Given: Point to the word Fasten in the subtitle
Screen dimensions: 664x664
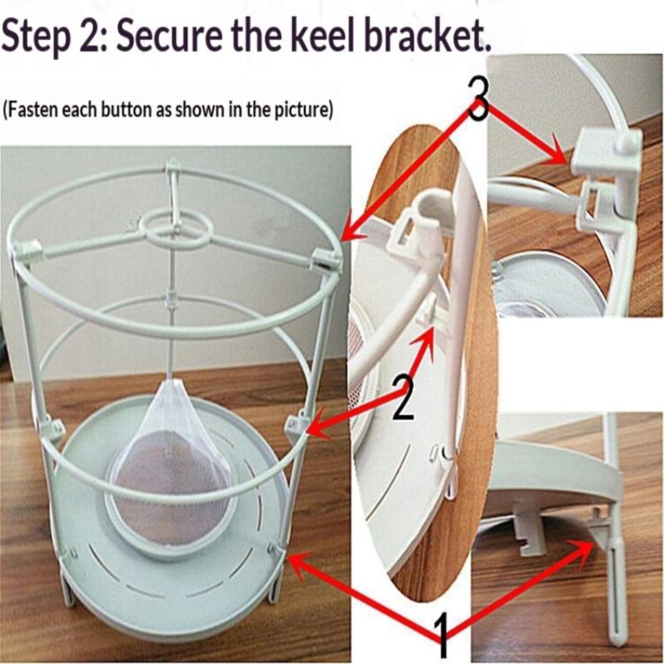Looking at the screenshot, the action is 31,110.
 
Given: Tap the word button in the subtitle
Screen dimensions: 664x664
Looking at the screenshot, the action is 127,110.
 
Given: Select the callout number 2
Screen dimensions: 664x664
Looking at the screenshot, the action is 402,398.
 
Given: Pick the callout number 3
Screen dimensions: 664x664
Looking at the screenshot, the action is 478,99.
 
